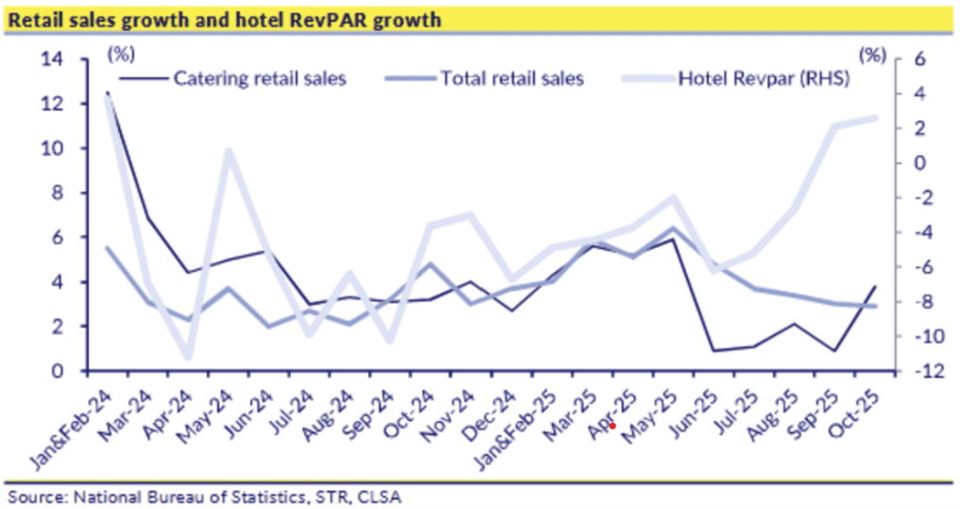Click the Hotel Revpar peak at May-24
pyautogui.click(x=227, y=150)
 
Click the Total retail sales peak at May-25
pyautogui.click(x=671, y=228)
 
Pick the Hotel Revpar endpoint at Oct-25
pyautogui.click(x=875, y=118)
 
